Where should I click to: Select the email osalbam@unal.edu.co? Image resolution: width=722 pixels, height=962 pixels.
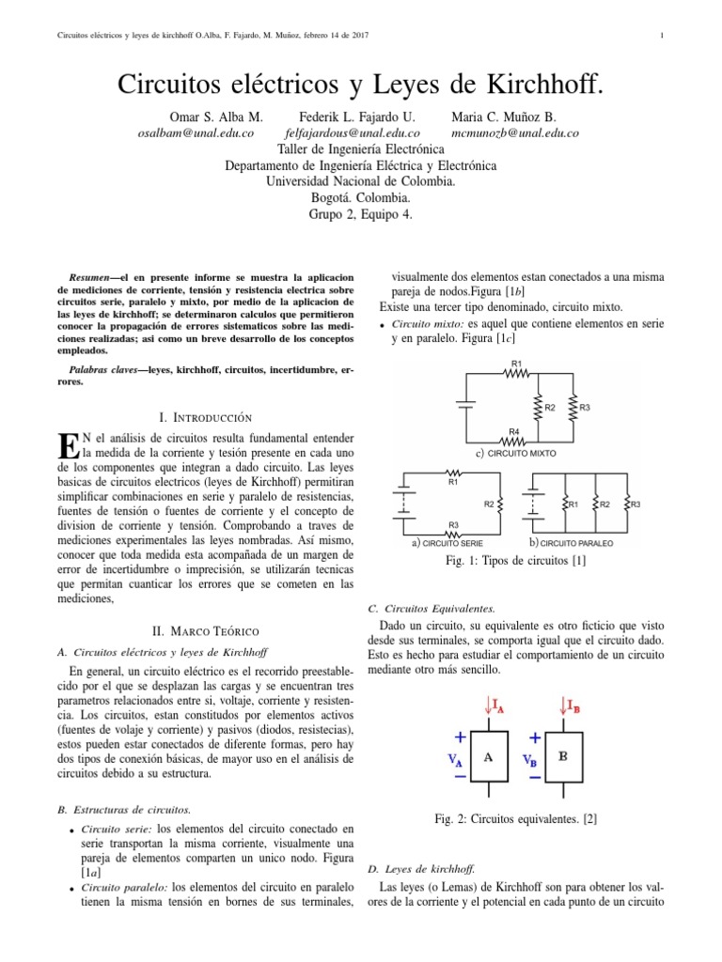click(196, 133)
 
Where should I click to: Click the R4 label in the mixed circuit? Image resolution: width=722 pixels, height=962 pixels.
click(514, 432)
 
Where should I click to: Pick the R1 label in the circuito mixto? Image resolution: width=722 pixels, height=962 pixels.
click(516, 363)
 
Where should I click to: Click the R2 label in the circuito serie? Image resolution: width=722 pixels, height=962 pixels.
click(489, 504)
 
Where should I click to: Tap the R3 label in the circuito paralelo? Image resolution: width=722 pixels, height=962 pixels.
click(636, 504)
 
